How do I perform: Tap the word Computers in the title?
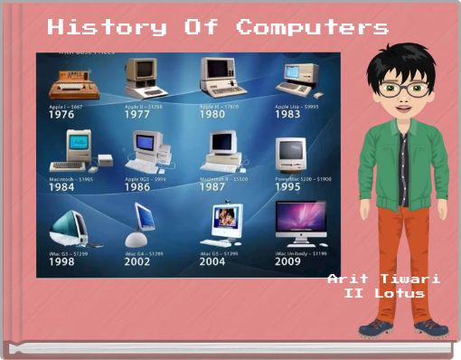pyautogui.click(x=313, y=27)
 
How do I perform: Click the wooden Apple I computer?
pyautogui.click(x=73, y=86)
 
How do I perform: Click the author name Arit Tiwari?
pyautogui.click(x=383, y=279)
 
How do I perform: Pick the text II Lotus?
pyautogui.click(x=384, y=293)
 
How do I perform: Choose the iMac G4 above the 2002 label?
pyautogui.click(x=146, y=222)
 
